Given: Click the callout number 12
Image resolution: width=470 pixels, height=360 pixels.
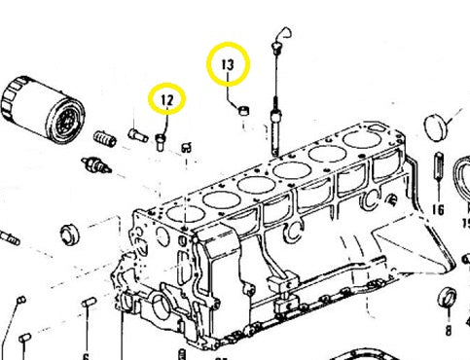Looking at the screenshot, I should pyautogui.click(x=167, y=99).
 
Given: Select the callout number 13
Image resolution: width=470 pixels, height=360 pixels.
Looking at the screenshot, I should pyautogui.click(x=228, y=65).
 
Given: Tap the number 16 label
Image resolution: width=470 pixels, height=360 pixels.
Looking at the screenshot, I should pyautogui.click(x=437, y=209).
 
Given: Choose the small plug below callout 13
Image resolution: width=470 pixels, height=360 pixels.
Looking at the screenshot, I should pyautogui.click(x=242, y=111).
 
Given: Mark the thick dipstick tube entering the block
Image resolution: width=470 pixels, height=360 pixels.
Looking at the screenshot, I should pyautogui.click(x=279, y=131).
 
